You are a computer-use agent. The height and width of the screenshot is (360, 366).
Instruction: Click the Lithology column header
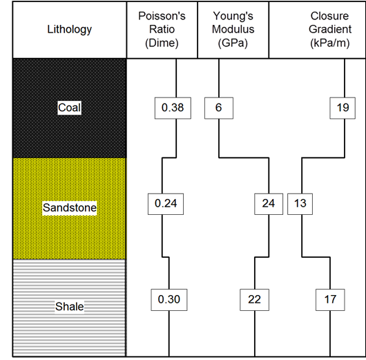[x=70, y=30]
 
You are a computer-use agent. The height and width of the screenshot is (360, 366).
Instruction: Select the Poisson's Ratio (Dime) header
[x=162, y=30]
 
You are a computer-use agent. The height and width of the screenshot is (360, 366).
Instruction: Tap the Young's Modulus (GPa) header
[x=233, y=30]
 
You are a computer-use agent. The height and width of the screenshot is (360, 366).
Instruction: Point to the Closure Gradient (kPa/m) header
[x=330, y=30]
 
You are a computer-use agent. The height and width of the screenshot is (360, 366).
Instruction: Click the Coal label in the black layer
[x=70, y=108]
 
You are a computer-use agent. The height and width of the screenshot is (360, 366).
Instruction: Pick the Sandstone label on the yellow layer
[x=70, y=208]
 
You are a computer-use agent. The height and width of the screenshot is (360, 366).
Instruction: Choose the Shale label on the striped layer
[x=70, y=306]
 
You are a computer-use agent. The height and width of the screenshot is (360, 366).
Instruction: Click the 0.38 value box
[x=173, y=108]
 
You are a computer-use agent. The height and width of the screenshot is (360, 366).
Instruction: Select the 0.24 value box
[x=166, y=204]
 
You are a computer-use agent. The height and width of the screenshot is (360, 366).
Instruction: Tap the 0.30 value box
[x=169, y=300]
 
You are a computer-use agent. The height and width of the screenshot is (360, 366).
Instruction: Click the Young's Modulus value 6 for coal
[x=219, y=108]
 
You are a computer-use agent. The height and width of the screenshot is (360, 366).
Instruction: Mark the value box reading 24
[x=269, y=204]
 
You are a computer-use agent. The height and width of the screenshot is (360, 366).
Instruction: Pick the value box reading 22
[x=254, y=300]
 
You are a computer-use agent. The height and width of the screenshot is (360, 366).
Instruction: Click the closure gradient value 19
[x=343, y=108]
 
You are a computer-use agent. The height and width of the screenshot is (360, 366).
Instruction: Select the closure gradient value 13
[x=300, y=204]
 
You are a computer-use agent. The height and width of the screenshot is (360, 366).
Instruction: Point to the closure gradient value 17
[x=330, y=300]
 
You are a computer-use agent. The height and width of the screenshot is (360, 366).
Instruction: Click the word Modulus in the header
[x=233, y=30]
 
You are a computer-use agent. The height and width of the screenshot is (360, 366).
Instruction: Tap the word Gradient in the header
[x=330, y=30]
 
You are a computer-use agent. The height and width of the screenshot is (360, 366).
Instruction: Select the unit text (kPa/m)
[x=330, y=43]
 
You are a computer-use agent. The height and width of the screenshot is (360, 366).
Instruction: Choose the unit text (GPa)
[x=233, y=43]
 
